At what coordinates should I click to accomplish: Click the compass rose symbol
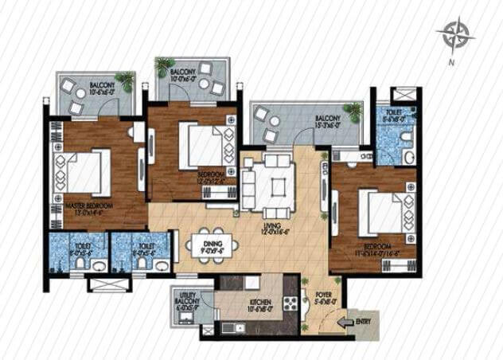click(457, 33)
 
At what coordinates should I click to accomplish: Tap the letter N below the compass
click(452, 62)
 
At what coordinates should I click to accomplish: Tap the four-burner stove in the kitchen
click(290, 304)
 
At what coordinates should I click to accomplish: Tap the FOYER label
click(324, 297)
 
